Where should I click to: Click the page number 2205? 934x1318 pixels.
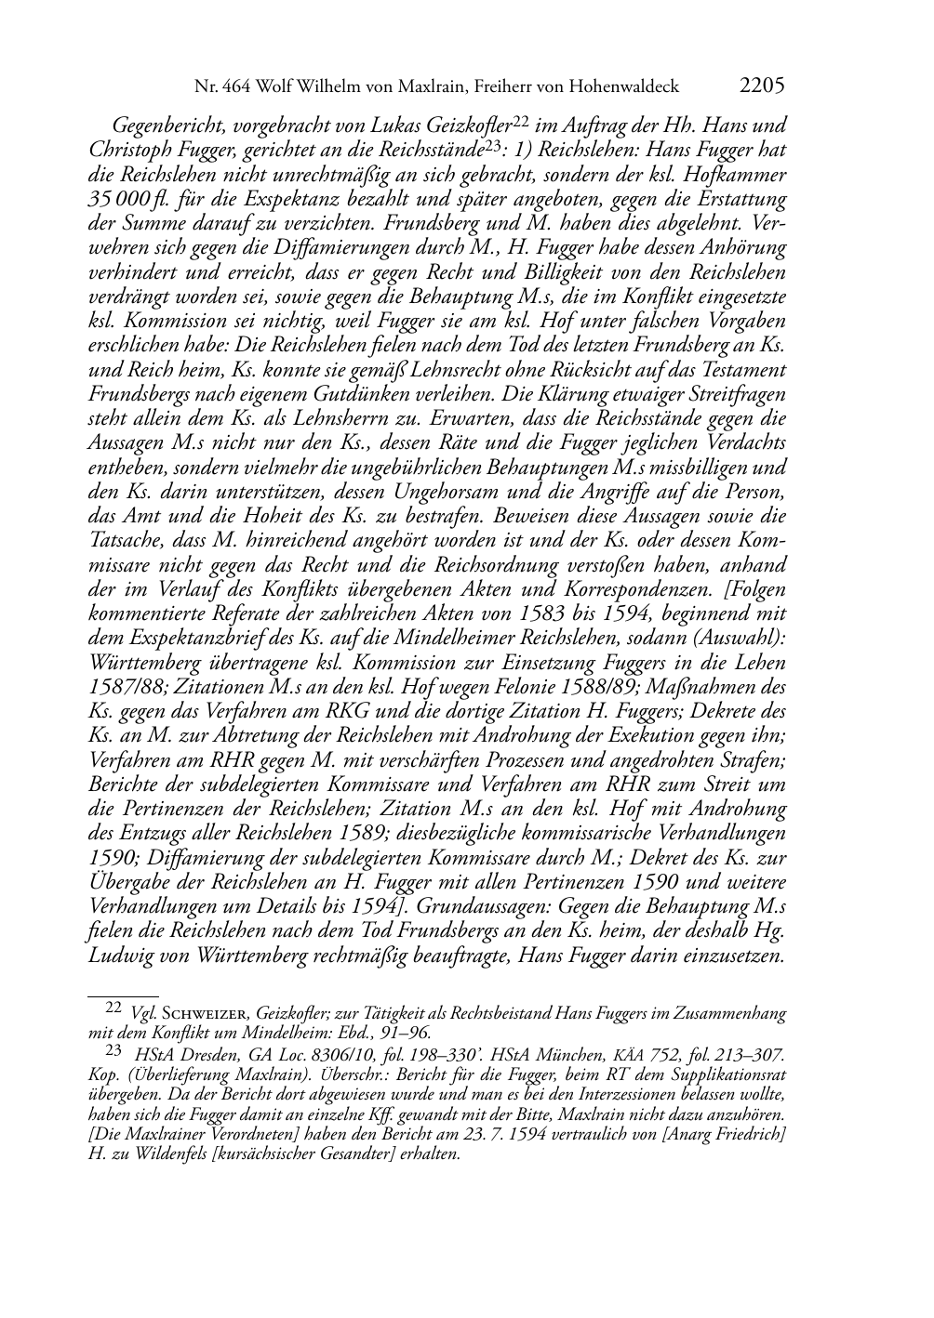pyautogui.click(x=762, y=86)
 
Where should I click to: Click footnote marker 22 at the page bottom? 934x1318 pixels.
pyautogui.click(x=112, y=1006)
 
